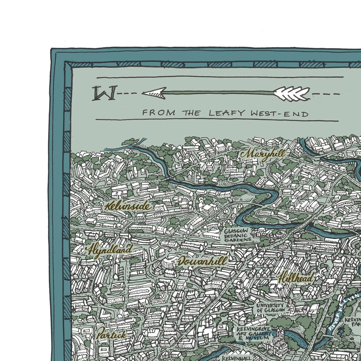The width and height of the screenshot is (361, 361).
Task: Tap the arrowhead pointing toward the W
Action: coord(154,93)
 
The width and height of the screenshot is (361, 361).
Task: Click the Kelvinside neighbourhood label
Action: coord(128,206)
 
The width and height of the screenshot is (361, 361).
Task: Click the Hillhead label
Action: coord(295,278)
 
